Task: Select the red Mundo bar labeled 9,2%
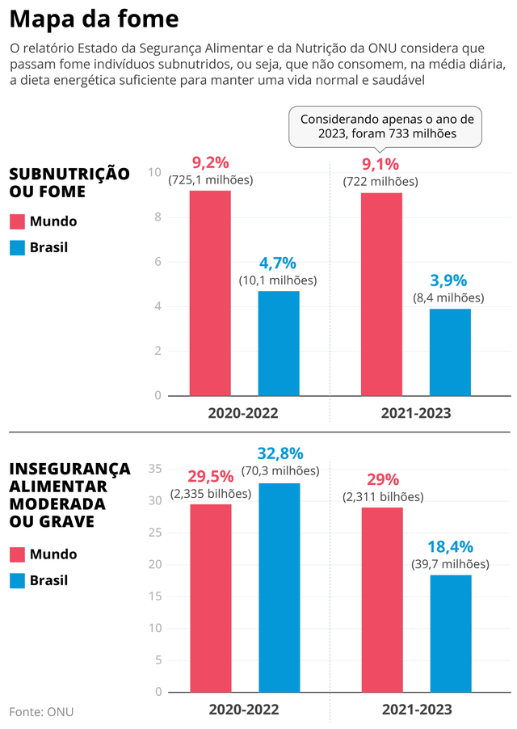pyautogui.click(x=210, y=293)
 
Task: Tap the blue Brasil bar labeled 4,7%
pyautogui.click(x=279, y=343)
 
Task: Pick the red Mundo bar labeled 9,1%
pyautogui.click(x=381, y=294)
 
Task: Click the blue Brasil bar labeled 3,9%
pyautogui.click(x=450, y=352)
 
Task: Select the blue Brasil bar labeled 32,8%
pyautogui.click(x=279, y=588)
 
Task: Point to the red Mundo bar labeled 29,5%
pyautogui.click(x=210, y=598)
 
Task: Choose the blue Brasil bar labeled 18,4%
pyautogui.click(x=450, y=634)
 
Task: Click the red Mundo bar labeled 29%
pyautogui.click(x=381, y=600)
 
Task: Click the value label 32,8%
pyautogui.click(x=280, y=453)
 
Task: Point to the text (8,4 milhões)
pyautogui.click(x=448, y=297)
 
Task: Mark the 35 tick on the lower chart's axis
pyautogui.click(x=156, y=469)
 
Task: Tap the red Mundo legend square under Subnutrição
pyautogui.click(x=18, y=221)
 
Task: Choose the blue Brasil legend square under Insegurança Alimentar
pyautogui.click(x=18, y=580)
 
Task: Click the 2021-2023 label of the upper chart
pyautogui.click(x=415, y=412)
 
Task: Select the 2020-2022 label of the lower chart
pyautogui.click(x=243, y=709)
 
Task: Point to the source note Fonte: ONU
pyautogui.click(x=41, y=711)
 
